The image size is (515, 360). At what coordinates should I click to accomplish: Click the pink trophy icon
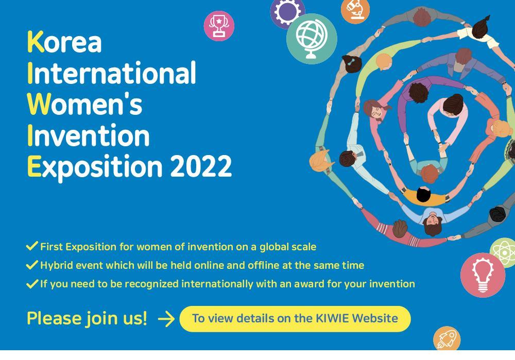point(219,26)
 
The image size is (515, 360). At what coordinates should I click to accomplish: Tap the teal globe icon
point(312,39)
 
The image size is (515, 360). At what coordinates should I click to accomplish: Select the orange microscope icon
point(355,10)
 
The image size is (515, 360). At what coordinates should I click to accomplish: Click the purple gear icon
point(287,11)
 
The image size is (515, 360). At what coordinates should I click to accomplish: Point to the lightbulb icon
point(483,275)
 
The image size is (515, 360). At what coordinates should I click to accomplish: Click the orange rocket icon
point(447,338)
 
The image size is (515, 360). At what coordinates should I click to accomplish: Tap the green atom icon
point(503,252)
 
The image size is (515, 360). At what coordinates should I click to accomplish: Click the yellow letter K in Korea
point(36,42)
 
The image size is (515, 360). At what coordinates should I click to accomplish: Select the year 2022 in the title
point(201,166)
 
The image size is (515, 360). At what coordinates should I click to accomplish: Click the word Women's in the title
point(85,104)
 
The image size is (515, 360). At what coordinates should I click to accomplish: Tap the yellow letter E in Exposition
point(34,166)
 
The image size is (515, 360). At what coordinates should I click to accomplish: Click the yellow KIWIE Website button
point(295,319)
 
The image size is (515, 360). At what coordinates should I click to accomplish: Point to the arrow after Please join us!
point(166,319)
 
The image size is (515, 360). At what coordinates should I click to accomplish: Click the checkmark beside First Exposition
point(32,246)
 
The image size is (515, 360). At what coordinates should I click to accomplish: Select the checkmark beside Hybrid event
point(32,264)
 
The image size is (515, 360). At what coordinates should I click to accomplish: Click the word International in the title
point(112,73)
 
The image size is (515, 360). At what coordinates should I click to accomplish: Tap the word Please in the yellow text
point(54,318)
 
